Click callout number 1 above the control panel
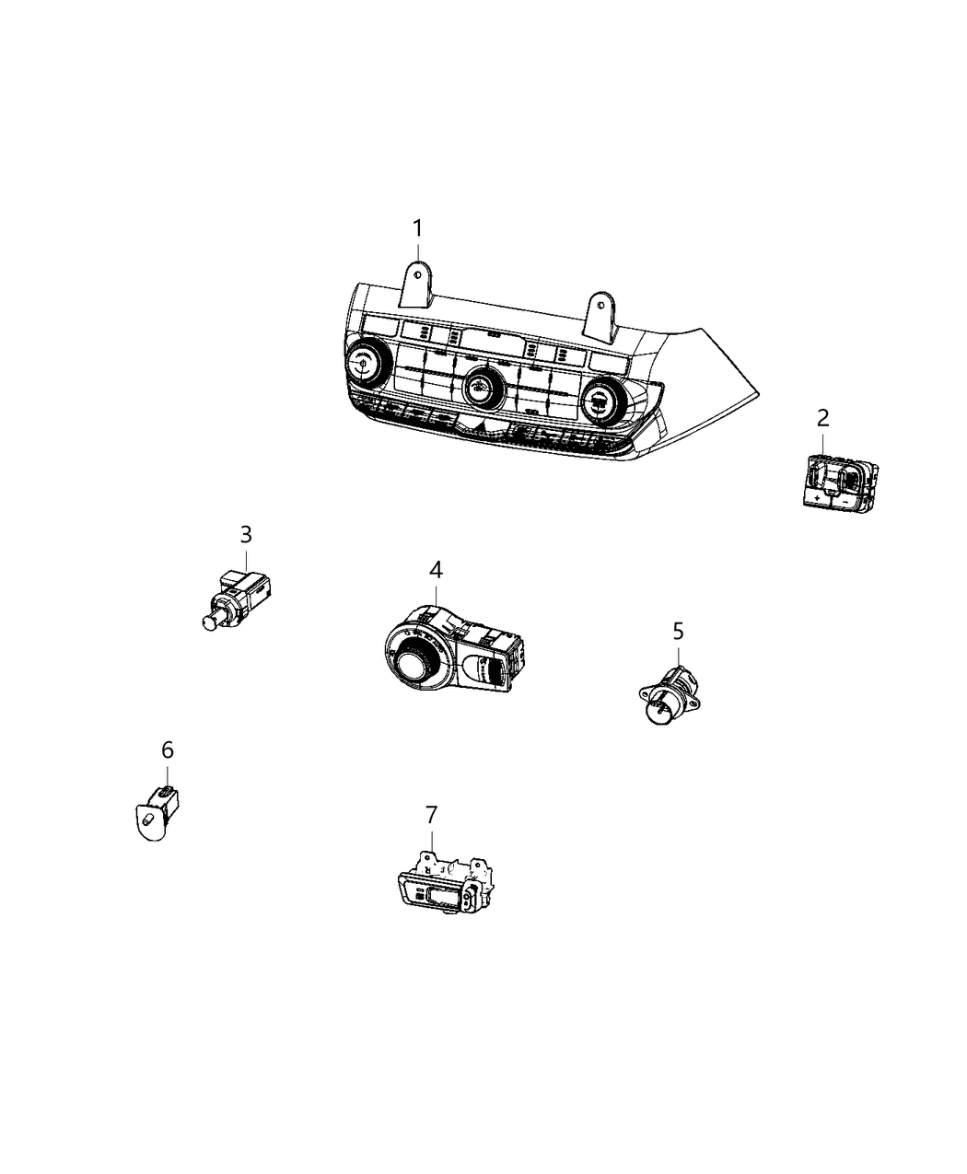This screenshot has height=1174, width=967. (417, 227)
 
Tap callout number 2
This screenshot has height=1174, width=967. (822, 418)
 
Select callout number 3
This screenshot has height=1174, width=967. (246, 534)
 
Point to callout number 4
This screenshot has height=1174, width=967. (435, 570)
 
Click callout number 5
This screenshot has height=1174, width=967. (678, 631)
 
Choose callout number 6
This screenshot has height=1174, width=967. (167, 750)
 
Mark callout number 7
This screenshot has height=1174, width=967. (431, 814)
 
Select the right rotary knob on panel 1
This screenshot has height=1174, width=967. (599, 401)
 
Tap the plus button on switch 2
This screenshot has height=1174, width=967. (818, 497)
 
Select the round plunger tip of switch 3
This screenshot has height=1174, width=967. (209, 622)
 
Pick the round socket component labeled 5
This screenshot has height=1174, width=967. (665, 702)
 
